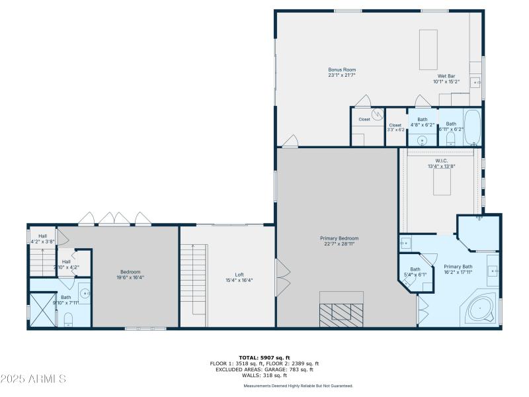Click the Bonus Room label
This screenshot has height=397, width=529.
342,69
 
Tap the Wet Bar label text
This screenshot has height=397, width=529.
444,76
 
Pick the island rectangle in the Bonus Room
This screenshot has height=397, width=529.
428,49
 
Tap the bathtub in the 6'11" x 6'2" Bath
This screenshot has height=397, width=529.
471,127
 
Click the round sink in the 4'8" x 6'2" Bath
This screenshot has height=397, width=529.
422,140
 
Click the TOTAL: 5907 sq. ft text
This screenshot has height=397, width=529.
264,357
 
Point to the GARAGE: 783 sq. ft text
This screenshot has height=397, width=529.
292,369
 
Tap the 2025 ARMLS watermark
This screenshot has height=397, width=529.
33,379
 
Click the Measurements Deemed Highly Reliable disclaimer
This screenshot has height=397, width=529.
298,386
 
